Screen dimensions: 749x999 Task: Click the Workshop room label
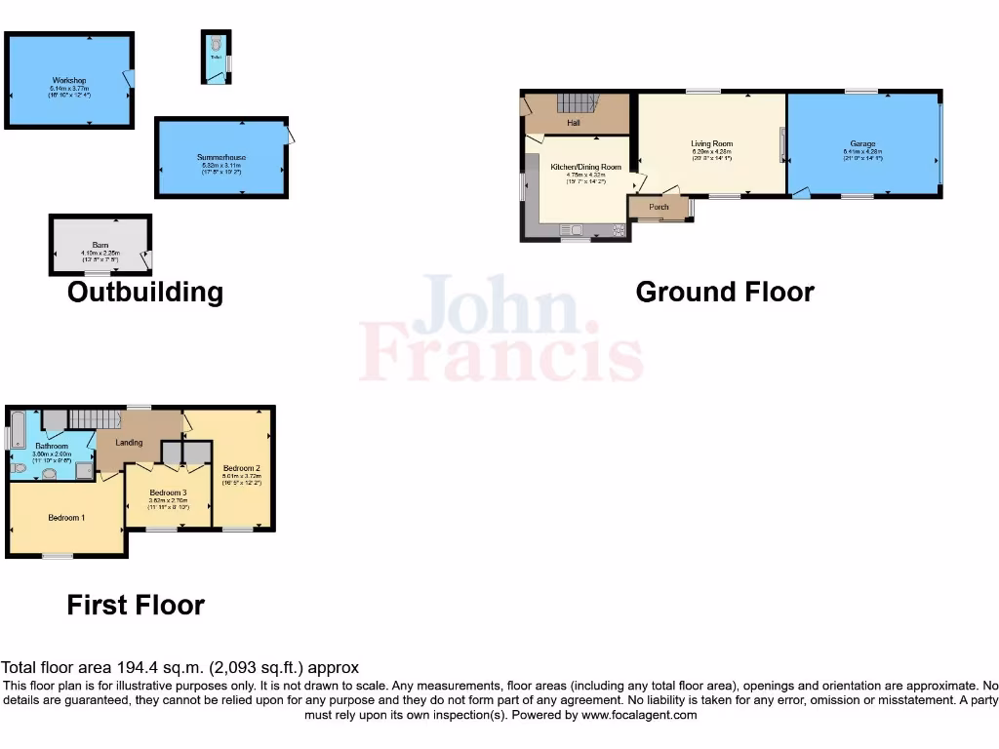[69, 80]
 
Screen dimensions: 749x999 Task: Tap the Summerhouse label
[221, 157]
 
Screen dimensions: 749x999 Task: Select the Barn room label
[100, 246]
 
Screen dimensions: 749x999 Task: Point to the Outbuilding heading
[144, 292]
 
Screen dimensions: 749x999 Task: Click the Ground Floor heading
[724, 292]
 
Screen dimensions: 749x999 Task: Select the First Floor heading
[136, 605]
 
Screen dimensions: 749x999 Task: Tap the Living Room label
[711, 143]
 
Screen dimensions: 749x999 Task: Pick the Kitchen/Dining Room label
[585, 168]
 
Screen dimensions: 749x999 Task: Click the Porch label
[659, 207]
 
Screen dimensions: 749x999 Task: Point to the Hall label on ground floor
[574, 123]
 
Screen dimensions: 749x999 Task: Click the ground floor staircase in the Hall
[577, 102]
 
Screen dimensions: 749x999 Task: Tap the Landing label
[129, 443]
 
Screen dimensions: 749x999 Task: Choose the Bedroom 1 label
[65, 517]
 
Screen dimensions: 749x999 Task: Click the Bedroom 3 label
[168, 493]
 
